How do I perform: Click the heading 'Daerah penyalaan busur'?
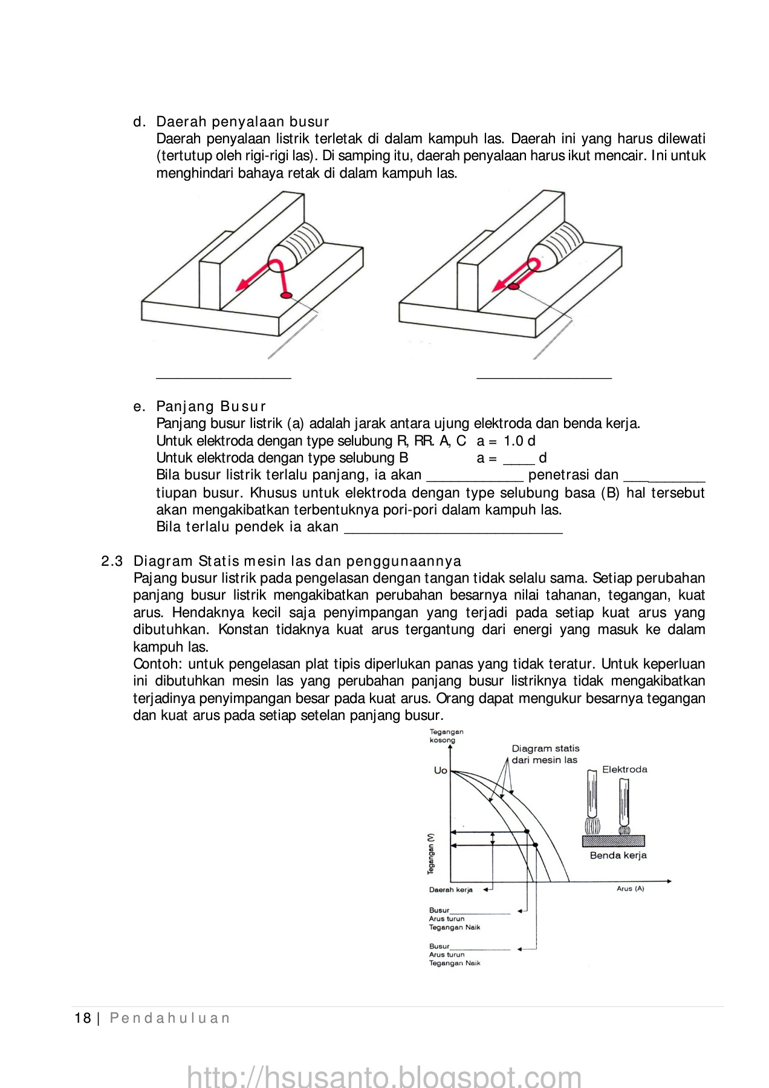pos(242,121)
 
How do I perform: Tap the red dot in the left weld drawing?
pos(286,295)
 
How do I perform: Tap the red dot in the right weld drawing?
pos(513,287)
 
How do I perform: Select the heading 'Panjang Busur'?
pos(211,406)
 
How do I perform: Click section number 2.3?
pos(112,561)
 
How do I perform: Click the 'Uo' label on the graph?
pos(441,770)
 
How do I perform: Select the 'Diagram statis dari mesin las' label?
pos(545,754)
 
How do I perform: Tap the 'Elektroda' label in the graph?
pos(625,769)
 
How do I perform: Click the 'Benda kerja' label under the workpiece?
pos(618,855)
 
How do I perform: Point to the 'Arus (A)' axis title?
pos(630,889)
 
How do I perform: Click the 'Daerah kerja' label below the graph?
pos(451,890)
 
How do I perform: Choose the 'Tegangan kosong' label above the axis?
pos(446,736)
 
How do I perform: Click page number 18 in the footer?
pos(82,1018)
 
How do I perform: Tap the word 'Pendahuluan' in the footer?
pos(170,1018)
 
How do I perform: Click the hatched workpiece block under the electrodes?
pos(613,841)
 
